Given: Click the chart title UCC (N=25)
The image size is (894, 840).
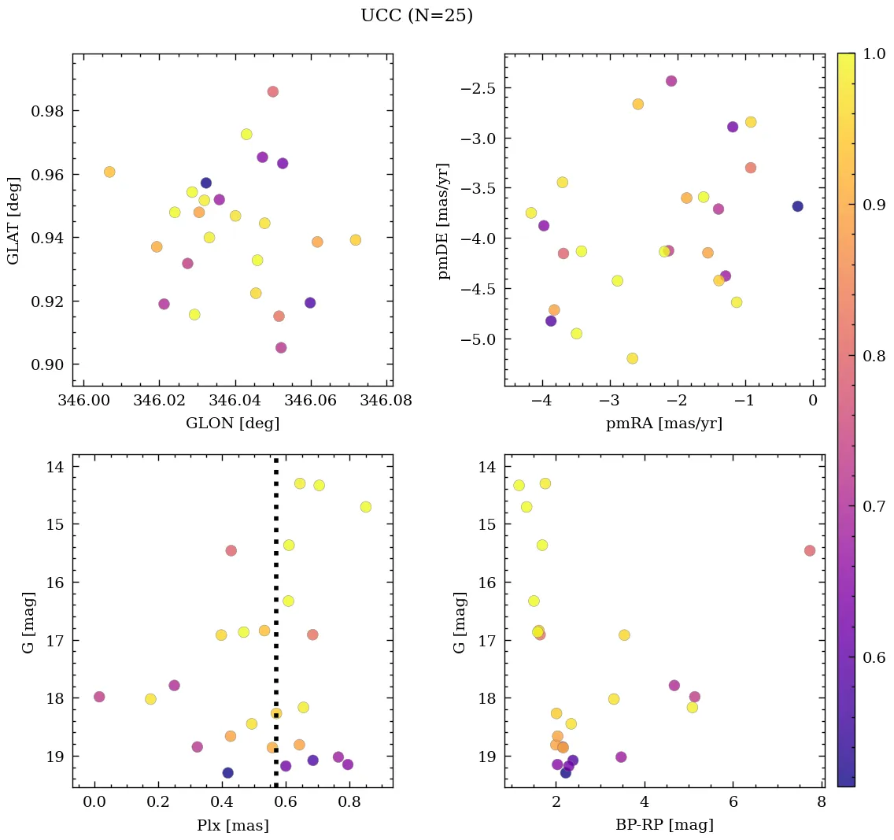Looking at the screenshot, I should pos(416,16).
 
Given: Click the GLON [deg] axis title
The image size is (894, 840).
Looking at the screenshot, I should pos(232,423).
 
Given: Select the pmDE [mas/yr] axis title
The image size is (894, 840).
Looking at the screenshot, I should pos(445,220).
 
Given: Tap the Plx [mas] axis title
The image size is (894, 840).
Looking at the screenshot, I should pos(232,825).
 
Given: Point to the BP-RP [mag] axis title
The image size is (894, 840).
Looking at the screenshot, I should pos(664,825).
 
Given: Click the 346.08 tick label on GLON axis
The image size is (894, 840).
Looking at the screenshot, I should pos(386,401).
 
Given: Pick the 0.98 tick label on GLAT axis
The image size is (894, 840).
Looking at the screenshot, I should pos(46,111).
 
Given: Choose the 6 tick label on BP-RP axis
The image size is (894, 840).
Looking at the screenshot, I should pos(733,803).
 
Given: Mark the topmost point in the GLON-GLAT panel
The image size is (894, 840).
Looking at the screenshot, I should pos(272,91).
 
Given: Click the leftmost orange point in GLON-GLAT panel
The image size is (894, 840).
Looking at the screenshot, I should pos(109,172).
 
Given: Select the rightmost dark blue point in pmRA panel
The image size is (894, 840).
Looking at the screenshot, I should pos(797,206).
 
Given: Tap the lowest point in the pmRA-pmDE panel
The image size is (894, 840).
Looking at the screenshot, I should pos(632,358).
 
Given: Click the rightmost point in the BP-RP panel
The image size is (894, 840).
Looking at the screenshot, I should pos(810,550).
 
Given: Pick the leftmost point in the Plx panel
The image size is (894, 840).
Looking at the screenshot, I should pos(99,697).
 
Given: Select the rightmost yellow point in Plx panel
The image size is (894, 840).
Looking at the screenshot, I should pos(365,507).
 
